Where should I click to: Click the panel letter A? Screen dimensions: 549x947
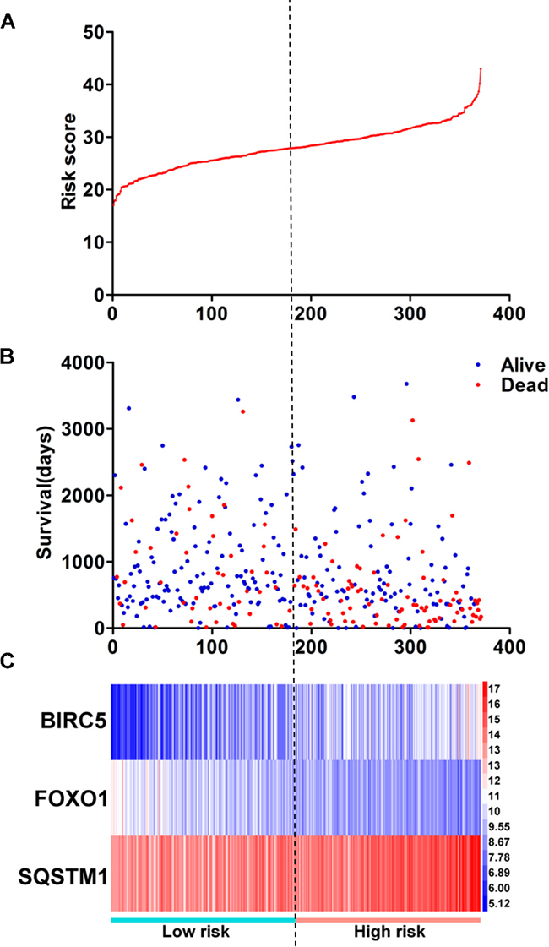tap(8, 24)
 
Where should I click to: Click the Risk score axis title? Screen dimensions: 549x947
tap(71, 161)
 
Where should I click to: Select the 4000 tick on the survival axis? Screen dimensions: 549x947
tap(84, 362)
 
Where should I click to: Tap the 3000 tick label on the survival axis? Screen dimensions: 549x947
tap(84, 429)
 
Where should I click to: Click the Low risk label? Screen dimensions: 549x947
tap(196, 931)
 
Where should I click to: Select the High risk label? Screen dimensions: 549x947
tap(389, 931)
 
